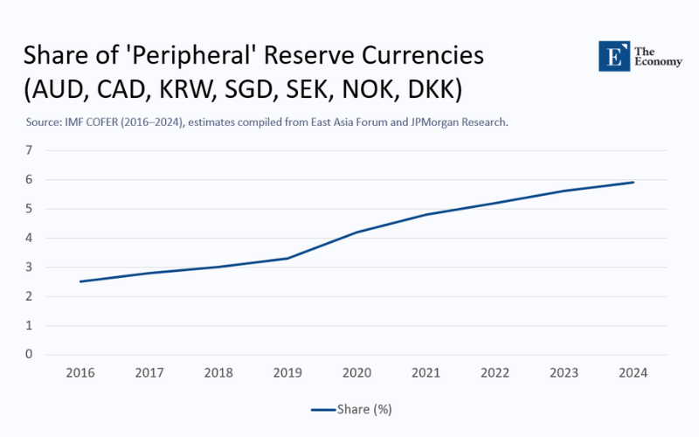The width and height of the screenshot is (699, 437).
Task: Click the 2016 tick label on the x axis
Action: click(x=80, y=372)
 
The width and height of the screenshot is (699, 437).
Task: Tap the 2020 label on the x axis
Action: click(x=356, y=372)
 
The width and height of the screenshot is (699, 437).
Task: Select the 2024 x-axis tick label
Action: click(x=633, y=372)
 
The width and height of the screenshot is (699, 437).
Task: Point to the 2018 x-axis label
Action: click(x=218, y=372)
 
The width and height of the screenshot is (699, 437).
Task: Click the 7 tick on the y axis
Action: click(x=29, y=150)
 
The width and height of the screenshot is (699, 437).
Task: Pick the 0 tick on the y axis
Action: click(x=29, y=355)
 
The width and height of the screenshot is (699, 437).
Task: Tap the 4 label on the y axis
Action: click(x=29, y=238)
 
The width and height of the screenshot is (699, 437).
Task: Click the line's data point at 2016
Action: click(x=80, y=281)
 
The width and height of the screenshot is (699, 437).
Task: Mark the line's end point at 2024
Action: click(x=633, y=182)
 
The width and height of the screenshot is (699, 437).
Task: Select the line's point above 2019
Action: click(x=287, y=258)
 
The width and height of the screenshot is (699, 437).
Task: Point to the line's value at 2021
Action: click(x=426, y=214)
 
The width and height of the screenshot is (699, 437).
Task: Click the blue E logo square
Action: click(x=614, y=56)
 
